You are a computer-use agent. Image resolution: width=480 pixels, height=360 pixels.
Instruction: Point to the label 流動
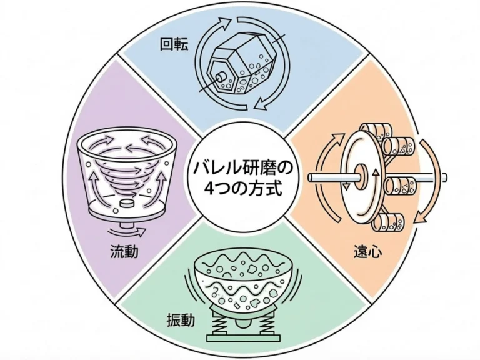122,253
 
